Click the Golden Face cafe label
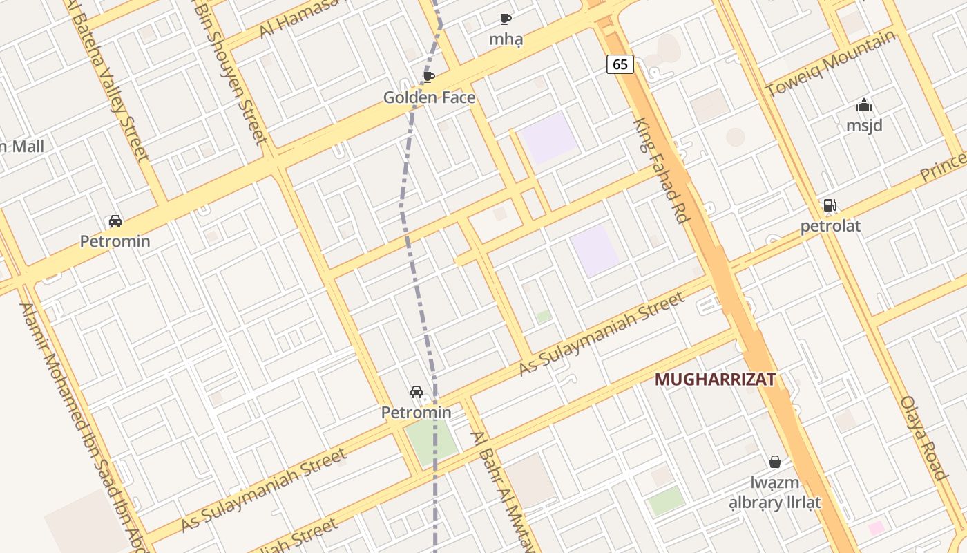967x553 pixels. point(429,97)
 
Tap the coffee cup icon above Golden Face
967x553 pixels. point(428,77)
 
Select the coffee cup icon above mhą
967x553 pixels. point(506,19)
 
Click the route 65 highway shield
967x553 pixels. point(620,64)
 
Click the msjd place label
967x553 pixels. point(864,126)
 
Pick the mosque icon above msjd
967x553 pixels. point(864,106)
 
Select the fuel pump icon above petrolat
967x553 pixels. point(830,205)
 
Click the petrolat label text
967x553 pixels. point(831,226)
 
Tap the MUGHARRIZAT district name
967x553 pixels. point(715,379)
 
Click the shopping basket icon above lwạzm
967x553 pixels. point(775,461)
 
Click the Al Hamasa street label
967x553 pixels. point(298,19)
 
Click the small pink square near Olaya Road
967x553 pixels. point(877,529)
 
